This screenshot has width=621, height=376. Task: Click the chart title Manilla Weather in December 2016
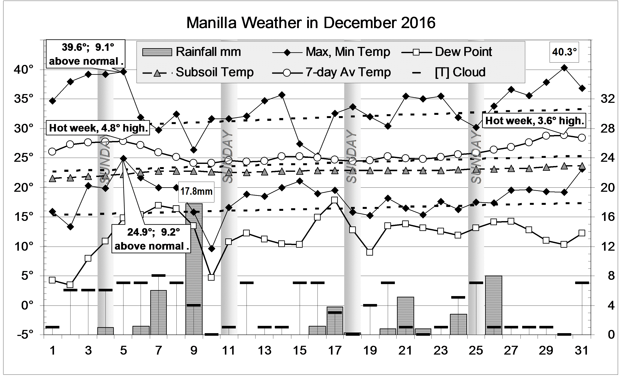(310, 23)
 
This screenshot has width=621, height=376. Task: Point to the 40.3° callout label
(564, 52)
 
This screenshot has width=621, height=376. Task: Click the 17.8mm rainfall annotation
(196, 192)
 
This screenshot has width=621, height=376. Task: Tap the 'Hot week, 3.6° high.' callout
(535, 121)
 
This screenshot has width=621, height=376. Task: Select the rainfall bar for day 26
(493, 305)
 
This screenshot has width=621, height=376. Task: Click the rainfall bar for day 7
(159, 312)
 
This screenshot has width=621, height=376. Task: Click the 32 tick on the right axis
(607, 99)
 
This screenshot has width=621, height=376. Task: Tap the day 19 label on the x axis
(370, 351)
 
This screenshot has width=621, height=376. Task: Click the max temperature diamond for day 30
(564, 68)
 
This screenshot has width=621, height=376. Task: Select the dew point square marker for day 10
(211, 277)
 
